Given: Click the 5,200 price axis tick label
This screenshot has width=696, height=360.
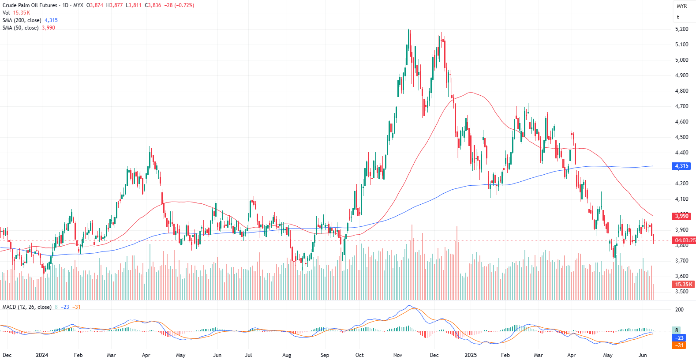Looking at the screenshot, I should click(681, 29).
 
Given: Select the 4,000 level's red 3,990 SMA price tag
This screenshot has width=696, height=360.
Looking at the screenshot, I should click(681, 216).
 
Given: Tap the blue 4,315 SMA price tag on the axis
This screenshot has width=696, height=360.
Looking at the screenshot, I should click(681, 166).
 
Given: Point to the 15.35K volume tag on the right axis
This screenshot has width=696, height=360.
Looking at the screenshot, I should click(684, 285).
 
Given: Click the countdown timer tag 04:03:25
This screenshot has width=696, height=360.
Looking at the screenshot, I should click(685, 240).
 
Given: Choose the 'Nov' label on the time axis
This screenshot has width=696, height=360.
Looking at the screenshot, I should click(397, 355).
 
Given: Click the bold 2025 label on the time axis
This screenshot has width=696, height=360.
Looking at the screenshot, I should click(471, 355).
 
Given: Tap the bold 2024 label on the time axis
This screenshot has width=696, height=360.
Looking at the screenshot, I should click(42, 355).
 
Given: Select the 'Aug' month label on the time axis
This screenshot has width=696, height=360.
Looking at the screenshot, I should click(287, 355).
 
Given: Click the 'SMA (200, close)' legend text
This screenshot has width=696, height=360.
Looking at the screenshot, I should click(22, 20).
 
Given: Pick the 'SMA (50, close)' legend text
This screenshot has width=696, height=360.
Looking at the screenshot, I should click(20, 28).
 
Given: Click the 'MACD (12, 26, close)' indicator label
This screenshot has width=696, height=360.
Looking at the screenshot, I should click(27, 307).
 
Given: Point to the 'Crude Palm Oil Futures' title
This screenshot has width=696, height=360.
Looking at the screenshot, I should click(30, 5).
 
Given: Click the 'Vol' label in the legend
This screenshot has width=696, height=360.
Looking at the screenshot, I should click(6, 13).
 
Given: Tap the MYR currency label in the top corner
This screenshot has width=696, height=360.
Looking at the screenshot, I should click(681, 6).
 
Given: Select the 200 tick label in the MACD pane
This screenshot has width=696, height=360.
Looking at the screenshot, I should click(679, 310).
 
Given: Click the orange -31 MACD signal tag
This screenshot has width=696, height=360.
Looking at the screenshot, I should click(680, 345).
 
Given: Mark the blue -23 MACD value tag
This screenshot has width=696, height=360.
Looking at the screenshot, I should click(680, 338).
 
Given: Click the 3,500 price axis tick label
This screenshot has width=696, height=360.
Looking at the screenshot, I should click(681, 292).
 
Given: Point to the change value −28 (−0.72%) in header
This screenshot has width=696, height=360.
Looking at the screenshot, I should click(179, 5).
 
